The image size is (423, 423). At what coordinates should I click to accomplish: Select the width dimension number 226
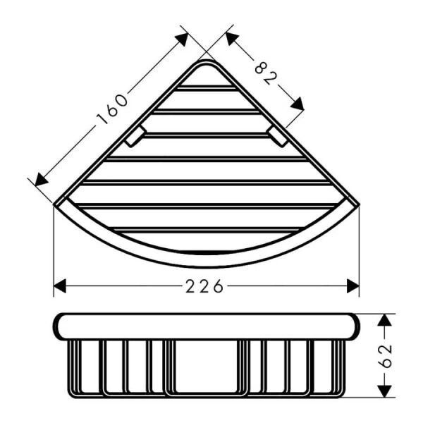[207, 286]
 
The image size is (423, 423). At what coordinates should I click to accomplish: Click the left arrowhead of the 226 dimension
[60, 286]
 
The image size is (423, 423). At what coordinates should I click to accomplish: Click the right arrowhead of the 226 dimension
[352, 286]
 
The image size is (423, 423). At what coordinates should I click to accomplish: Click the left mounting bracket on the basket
[135, 137]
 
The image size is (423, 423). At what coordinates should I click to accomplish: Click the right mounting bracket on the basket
[278, 137]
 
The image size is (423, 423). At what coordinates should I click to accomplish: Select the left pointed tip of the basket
[56, 204]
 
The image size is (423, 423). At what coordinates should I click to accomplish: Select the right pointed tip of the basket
[357, 204]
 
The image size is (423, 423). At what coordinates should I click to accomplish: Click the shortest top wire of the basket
[206, 88]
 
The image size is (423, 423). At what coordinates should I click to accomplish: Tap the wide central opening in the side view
[205, 367]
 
